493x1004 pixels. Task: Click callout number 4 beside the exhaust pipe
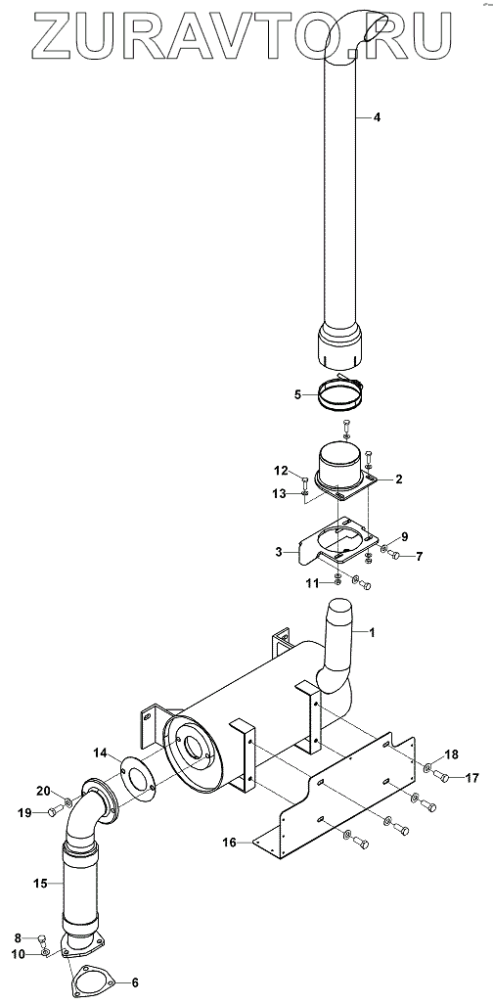(377, 117)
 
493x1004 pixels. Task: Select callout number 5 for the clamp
(297, 394)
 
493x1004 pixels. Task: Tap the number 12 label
(282, 472)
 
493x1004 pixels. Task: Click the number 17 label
(471, 778)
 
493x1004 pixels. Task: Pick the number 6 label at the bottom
(134, 982)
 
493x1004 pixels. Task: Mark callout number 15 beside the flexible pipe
(40, 884)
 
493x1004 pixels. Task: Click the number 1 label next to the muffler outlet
(372, 632)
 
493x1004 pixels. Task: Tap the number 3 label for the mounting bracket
(279, 551)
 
